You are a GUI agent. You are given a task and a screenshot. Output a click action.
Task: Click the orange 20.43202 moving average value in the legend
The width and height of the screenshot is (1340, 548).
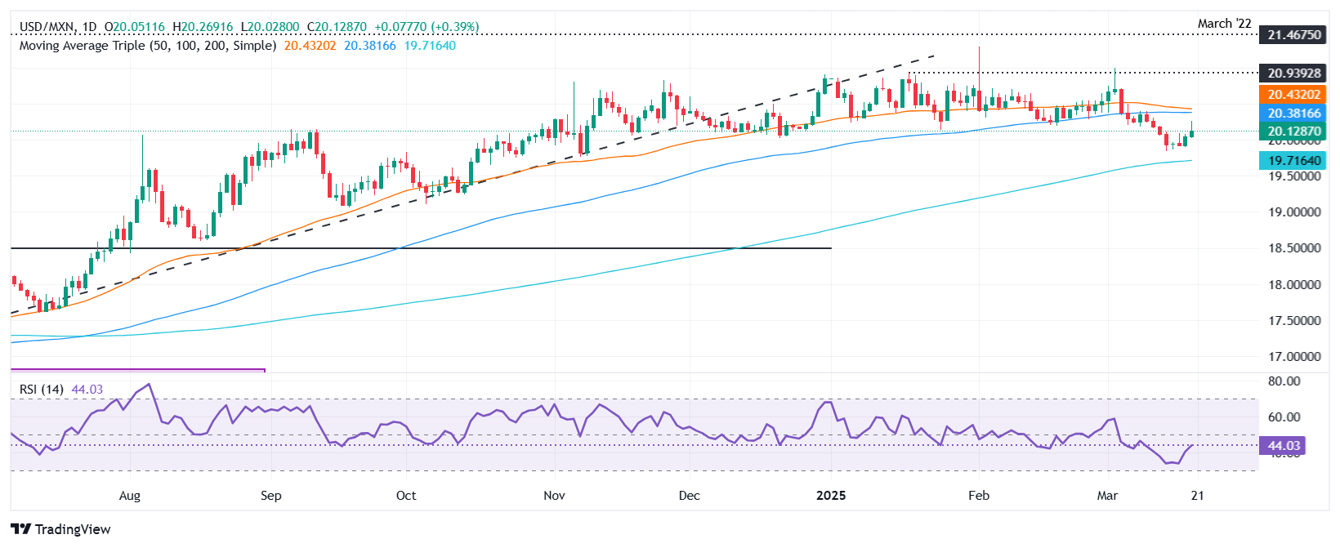click(310, 46)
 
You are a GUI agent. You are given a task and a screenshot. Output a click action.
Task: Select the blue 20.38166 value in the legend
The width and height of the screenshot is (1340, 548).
click(369, 46)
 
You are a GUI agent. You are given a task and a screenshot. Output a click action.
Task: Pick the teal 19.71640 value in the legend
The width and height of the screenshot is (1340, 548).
click(430, 46)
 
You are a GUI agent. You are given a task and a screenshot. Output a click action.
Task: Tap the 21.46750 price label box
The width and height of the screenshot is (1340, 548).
click(1294, 34)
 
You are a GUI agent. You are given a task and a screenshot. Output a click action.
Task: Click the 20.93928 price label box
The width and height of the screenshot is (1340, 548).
click(1294, 74)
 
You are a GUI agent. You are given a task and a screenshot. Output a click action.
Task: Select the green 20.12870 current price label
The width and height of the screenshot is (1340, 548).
click(1294, 131)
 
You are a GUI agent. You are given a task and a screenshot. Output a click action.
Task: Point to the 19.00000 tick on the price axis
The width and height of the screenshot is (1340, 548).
click(1294, 212)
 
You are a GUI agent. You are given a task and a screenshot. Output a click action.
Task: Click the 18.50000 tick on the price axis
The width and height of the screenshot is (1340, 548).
click(1294, 248)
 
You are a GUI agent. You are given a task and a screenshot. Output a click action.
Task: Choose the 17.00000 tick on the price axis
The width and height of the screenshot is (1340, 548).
click(1294, 357)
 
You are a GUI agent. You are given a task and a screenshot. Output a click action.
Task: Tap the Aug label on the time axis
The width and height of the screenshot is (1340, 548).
click(130, 496)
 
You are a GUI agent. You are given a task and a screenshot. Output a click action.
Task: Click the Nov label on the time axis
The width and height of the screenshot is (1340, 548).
click(554, 496)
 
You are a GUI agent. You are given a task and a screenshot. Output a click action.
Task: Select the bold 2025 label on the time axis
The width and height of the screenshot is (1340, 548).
click(830, 496)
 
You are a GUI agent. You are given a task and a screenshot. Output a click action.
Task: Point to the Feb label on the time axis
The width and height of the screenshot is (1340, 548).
click(978, 496)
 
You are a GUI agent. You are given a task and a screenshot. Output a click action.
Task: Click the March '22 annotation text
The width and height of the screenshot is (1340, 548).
click(1224, 24)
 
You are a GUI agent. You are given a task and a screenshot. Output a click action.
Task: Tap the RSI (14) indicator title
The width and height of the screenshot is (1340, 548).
click(41, 390)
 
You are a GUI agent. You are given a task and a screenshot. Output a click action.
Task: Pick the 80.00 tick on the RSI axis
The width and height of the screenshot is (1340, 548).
click(1284, 381)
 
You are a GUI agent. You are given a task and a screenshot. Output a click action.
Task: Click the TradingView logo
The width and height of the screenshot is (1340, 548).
click(61, 529)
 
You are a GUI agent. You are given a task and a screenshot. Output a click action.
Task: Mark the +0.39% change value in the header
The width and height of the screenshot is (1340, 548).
click(461, 27)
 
